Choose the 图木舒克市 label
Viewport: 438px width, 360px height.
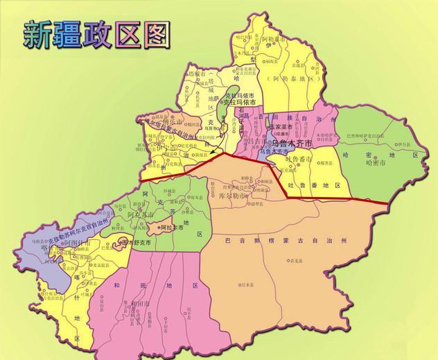[135, 243]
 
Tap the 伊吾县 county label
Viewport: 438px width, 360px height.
[405, 144]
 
